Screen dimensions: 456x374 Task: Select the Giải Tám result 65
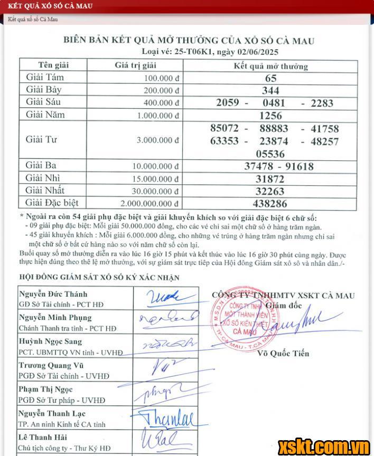(x=271, y=78)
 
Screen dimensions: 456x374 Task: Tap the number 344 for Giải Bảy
(x=271, y=90)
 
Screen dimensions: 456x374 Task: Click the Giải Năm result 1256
(x=271, y=116)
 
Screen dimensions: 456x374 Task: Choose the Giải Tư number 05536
(x=270, y=154)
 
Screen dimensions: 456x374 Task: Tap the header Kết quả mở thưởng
(x=270, y=66)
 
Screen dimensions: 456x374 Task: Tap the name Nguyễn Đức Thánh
(x=53, y=294)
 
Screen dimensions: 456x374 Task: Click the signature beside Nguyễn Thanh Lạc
(x=167, y=419)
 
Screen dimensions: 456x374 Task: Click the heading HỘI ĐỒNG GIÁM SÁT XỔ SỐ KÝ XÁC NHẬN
(x=99, y=277)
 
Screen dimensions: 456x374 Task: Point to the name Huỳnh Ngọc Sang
(x=50, y=341)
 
